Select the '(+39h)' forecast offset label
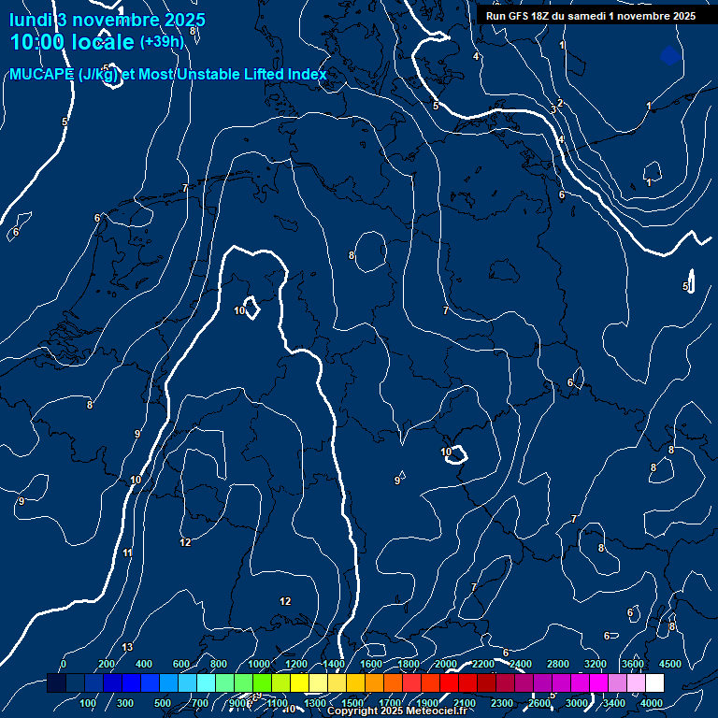click(162, 41)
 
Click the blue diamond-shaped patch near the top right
click(669, 55)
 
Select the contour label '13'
click(127, 647)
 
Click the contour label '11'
click(127, 553)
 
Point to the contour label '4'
click(475, 57)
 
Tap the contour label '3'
click(553, 110)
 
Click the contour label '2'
click(559, 103)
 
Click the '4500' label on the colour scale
click(670, 664)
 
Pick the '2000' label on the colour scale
click(446, 664)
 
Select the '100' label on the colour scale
click(88, 703)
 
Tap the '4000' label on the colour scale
click(652, 703)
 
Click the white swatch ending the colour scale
click(654, 683)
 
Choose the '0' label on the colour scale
click(64, 664)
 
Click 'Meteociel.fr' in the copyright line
click(436, 711)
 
